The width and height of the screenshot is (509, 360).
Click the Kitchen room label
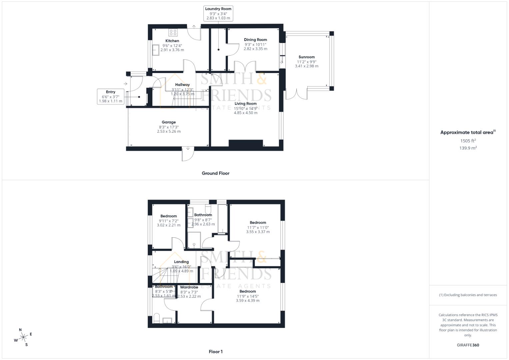(x=172, y=41)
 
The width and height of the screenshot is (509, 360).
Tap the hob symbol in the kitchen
(x=173, y=32)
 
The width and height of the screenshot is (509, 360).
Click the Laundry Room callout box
(x=218, y=13)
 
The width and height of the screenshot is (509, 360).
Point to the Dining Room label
(x=255, y=40)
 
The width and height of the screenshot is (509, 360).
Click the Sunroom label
(x=306, y=57)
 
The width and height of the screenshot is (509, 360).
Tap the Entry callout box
(x=111, y=96)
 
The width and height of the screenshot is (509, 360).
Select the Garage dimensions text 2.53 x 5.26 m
(x=169, y=131)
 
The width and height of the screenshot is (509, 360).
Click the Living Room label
(x=245, y=104)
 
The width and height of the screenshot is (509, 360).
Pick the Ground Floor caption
(x=215, y=173)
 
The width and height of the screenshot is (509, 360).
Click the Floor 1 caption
(x=215, y=351)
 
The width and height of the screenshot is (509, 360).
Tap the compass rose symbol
(x=23, y=337)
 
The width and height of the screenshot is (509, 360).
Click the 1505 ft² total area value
(x=468, y=141)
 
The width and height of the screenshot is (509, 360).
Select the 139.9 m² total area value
(x=468, y=148)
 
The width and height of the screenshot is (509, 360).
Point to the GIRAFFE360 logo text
(x=468, y=345)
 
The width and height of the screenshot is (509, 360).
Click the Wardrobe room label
(x=189, y=287)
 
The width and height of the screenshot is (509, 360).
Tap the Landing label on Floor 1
(x=181, y=262)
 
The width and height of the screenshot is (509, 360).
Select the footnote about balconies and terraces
(x=468, y=295)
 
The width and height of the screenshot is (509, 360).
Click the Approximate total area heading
(x=468, y=132)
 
